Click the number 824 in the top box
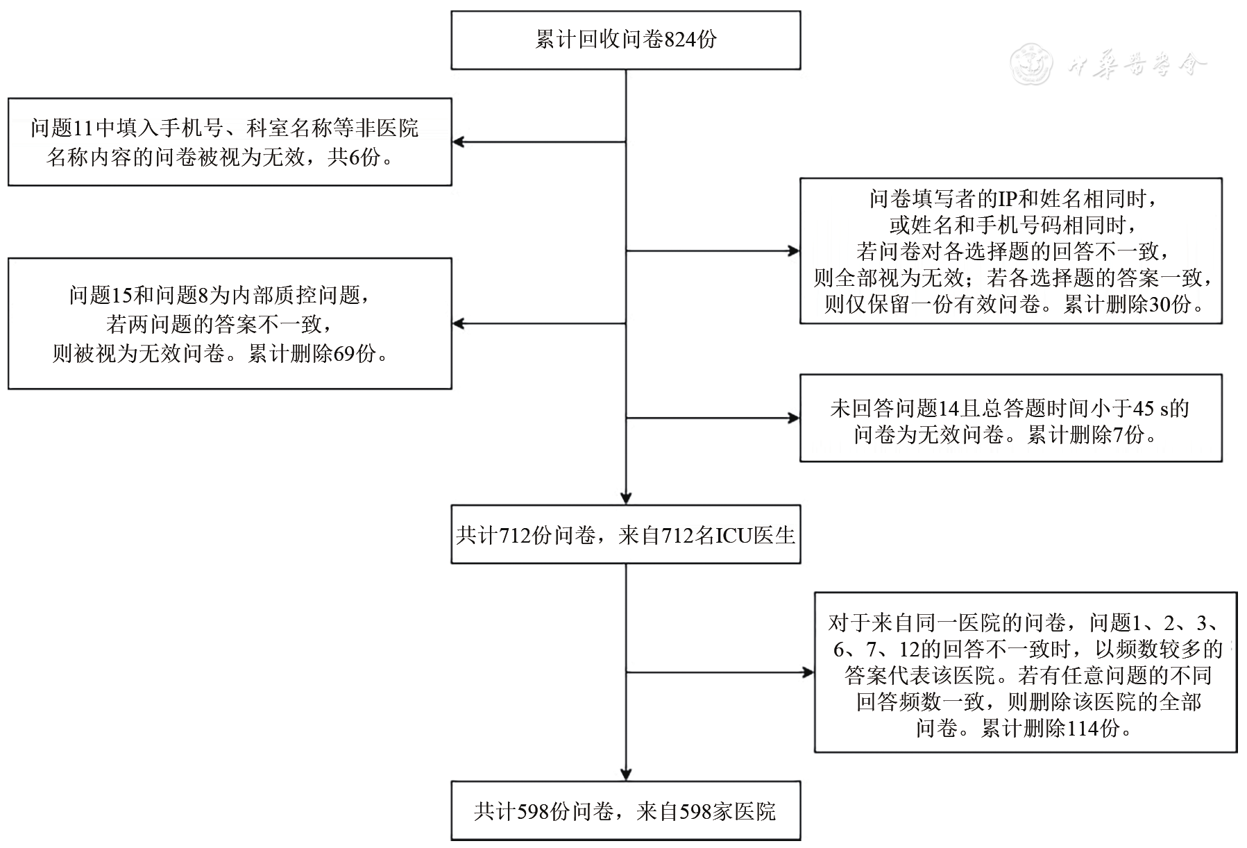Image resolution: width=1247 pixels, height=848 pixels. [x=679, y=40]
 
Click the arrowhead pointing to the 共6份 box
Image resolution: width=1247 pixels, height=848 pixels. [x=458, y=142]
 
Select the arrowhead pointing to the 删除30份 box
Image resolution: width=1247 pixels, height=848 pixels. [x=794, y=251]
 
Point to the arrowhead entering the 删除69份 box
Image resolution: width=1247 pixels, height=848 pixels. [x=458, y=323]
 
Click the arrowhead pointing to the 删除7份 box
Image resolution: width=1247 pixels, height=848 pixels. [x=794, y=418]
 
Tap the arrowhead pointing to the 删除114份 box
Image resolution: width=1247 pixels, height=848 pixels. [x=808, y=672]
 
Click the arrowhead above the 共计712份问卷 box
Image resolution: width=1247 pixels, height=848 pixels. [x=626, y=498]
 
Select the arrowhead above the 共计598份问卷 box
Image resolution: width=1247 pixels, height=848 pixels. [x=626, y=774]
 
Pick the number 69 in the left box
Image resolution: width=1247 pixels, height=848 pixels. [x=344, y=354]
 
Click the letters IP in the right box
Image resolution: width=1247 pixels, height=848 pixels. [x=1007, y=199]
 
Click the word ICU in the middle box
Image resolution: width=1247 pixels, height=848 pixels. [x=735, y=536]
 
